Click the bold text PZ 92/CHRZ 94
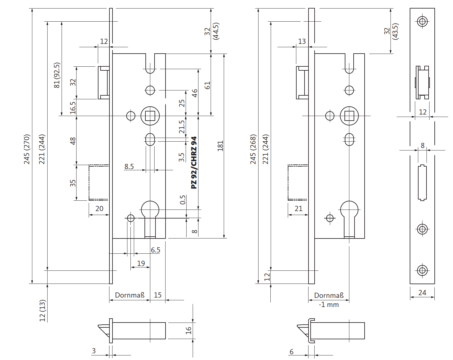point(194,163)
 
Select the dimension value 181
point(220,146)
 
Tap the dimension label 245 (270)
point(27,149)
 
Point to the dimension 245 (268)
point(253,149)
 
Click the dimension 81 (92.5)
point(57,75)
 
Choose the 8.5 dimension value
point(129,167)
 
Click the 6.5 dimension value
point(155,250)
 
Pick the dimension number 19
point(141,263)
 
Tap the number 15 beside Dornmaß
point(158,295)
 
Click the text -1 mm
point(329,305)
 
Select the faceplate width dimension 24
point(422,293)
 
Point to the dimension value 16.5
point(73,108)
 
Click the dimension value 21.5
point(182,127)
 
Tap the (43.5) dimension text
point(395,31)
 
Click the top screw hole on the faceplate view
point(422,21)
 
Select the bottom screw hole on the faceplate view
point(422,270)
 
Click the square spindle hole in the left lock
point(150,116)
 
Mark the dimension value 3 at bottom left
point(94,351)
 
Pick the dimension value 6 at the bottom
point(291,352)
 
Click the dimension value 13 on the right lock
point(302,41)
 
